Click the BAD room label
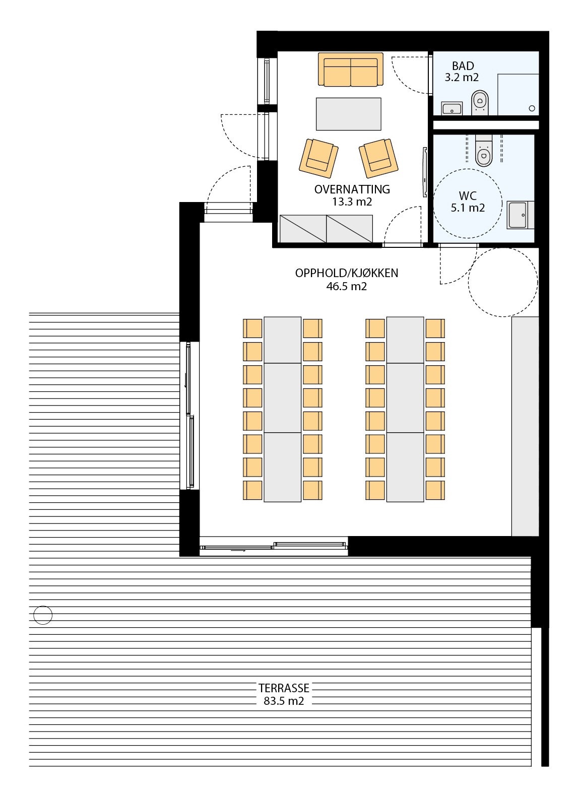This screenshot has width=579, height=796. [x=462, y=66]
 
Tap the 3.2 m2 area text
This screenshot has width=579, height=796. [x=461, y=78]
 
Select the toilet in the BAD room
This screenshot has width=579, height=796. [x=479, y=103]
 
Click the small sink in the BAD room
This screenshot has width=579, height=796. [x=452, y=108]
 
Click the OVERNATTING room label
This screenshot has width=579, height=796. [x=352, y=189]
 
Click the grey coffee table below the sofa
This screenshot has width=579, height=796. [x=348, y=113]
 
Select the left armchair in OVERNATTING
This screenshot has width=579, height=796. [x=318, y=157]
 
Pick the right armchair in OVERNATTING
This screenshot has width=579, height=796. [x=378, y=157]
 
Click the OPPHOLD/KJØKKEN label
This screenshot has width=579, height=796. [x=346, y=273]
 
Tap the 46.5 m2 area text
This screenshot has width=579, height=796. [x=346, y=286]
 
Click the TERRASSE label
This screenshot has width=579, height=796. [x=283, y=688]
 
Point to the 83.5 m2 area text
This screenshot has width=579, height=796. [x=283, y=701]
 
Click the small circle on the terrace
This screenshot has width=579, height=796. [x=43, y=615]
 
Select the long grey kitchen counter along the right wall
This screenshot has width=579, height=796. [x=525, y=426]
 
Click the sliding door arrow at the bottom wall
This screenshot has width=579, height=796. [x=238, y=551]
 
